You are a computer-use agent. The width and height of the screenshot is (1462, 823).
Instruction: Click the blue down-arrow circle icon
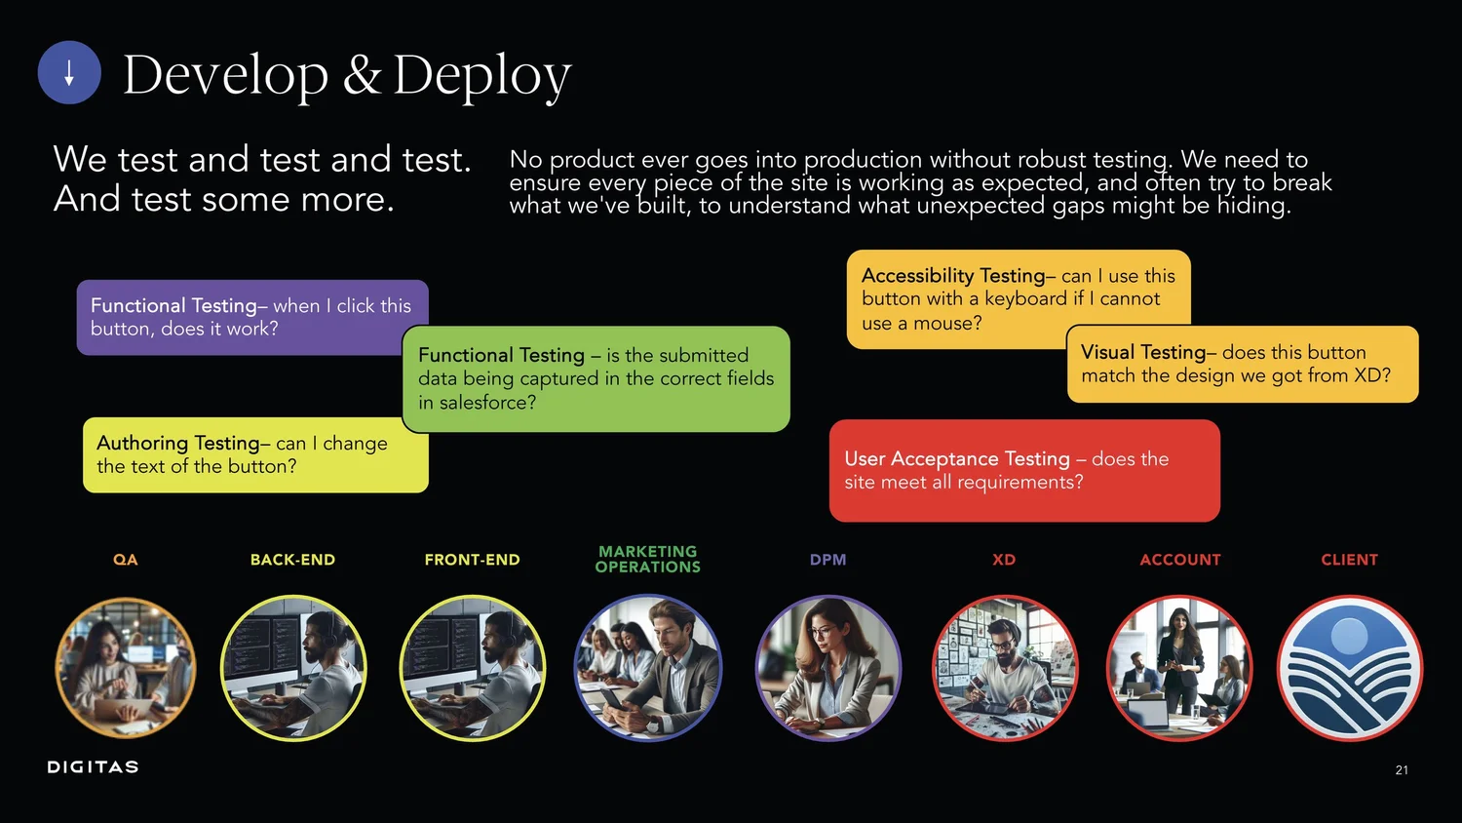(69, 73)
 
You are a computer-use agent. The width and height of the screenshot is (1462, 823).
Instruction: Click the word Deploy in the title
(481, 75)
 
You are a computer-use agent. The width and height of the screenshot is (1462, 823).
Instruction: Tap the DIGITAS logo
(93, 767)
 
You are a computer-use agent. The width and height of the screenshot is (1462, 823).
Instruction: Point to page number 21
(1402, 770)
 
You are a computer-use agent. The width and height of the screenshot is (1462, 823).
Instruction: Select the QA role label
(126, 560)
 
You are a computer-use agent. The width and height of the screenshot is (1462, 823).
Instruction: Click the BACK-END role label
(292, 560)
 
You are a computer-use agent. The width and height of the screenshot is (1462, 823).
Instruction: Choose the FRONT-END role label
(472, 560)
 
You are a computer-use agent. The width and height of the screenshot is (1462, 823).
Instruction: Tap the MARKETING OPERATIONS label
(648, 560)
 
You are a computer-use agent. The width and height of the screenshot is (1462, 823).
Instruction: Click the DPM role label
(827, 560)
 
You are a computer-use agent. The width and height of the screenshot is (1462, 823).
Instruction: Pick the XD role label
(1004, 560)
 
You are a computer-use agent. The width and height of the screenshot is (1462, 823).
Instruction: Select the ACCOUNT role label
(1180, 560)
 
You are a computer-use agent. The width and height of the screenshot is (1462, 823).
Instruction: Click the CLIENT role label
(1349, 560)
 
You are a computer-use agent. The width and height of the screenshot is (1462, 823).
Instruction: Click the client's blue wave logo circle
(1350, 669)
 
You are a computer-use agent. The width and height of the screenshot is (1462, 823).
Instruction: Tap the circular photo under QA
(126, 669)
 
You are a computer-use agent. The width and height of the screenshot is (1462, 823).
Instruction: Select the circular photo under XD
(1005, 669)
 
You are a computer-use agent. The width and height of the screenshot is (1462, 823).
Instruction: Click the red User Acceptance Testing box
(1023, 471)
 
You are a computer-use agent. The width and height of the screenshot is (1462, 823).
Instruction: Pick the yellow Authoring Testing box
(255, 455)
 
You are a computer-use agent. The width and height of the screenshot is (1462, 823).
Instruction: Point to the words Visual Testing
(1143, 353)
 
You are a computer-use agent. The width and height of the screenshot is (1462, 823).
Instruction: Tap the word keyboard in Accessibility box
(1025, 299)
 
